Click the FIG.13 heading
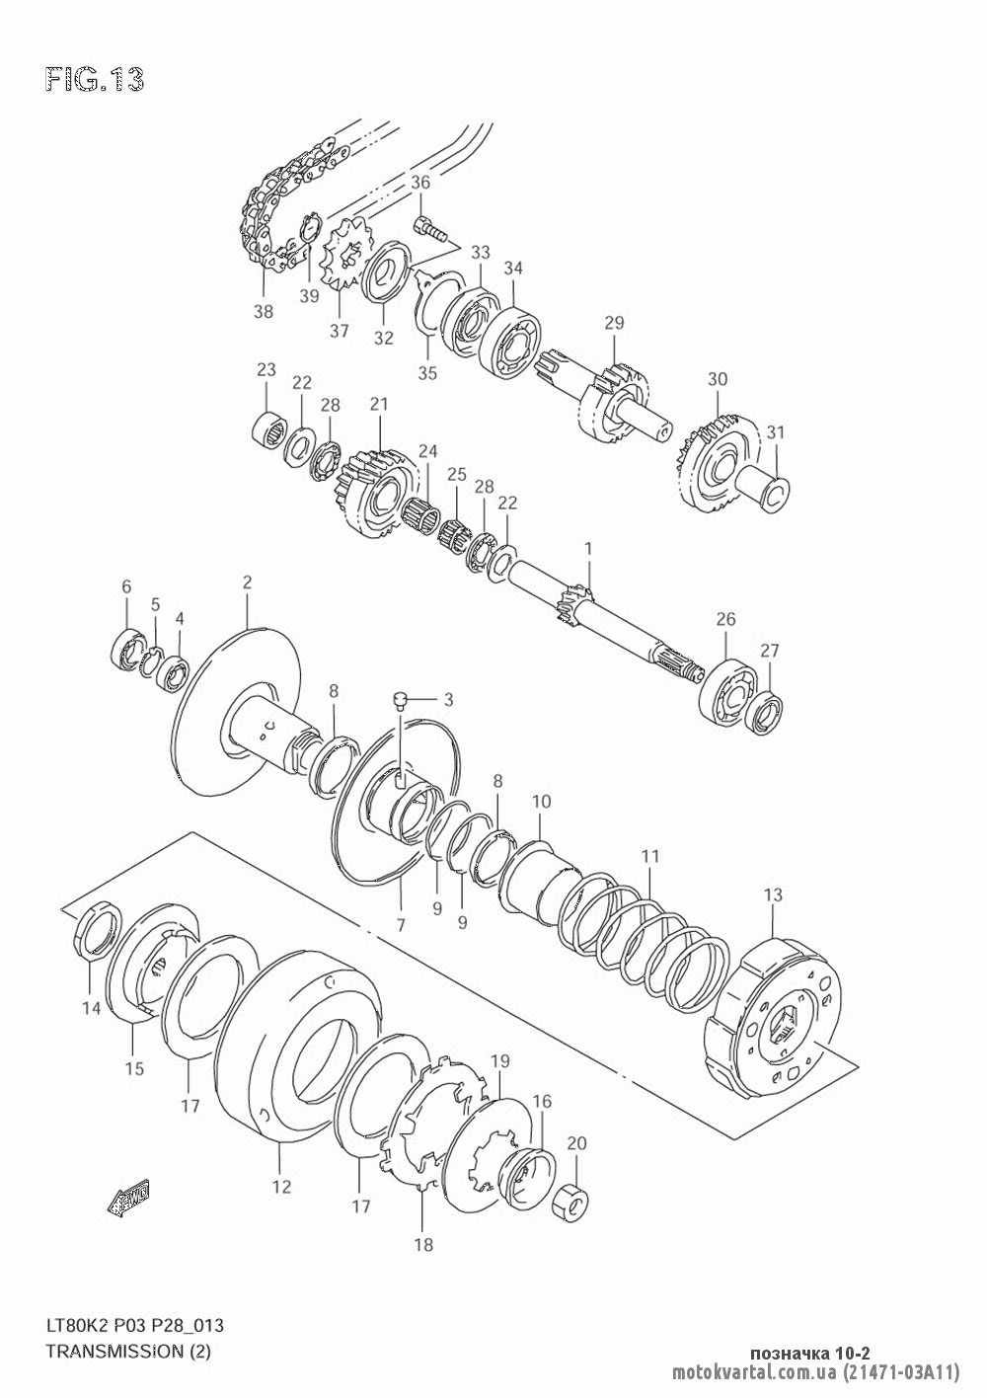pos(95,80)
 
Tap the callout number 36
pos(420,183)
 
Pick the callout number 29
pos(614,323)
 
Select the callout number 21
pos(379,404)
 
